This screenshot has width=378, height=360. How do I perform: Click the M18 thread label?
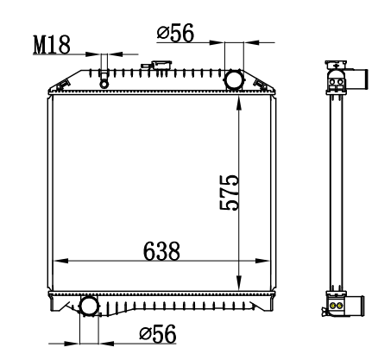coord(52,45)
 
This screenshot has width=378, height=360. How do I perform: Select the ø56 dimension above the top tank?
coord(176,33)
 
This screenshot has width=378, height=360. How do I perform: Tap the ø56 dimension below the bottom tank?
coord(158,334)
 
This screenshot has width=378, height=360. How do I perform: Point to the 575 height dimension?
coord(230,193)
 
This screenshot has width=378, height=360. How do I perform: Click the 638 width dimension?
coord(161,251)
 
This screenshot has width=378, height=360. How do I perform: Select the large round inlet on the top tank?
coord(234,79)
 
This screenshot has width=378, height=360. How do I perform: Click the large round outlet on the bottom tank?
coord(89,306)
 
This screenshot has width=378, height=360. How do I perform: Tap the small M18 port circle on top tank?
coord(104,84)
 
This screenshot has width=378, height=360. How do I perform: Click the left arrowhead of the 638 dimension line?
coord(61,261)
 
